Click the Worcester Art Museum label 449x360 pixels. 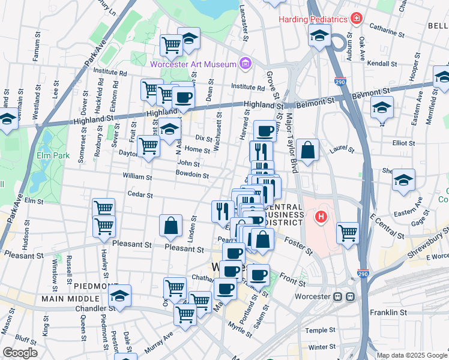(192, 62)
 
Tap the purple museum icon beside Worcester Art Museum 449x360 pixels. (245, 62)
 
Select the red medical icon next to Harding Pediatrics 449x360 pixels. (357, 19)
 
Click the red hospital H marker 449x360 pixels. (322, 217)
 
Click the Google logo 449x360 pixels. (20, 353)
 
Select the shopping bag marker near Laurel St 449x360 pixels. (307, 151)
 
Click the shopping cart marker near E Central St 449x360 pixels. (348, 233)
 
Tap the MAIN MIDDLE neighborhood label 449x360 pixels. (70, 298)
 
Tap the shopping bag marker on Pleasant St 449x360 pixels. (171, 226)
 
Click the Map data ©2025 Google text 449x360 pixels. (411, 355)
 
